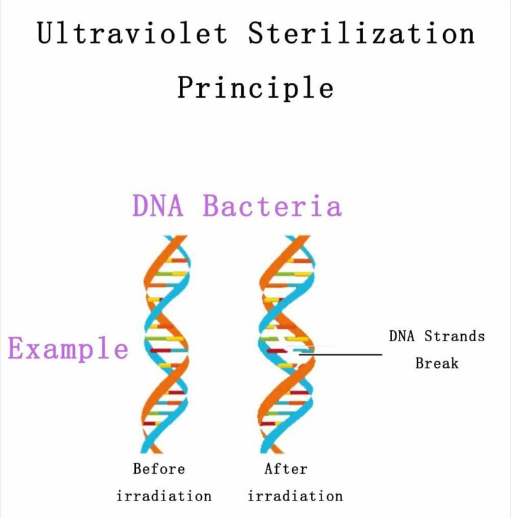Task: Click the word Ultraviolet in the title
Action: coord(132,32)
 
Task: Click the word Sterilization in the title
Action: coord(361,32)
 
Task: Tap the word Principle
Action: coord(255,87)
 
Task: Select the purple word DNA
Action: coord(157,205)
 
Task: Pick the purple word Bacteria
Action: coord(272,205)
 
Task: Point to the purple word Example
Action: coord(68,348)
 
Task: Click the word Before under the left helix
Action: coord(158,469)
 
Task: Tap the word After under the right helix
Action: coord(285,469)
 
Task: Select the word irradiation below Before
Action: coord(164,496)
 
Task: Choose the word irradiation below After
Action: coord(295,496)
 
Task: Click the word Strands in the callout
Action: coord(454,336)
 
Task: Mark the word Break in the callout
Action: coord(437,363)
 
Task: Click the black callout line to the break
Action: coord(340,354)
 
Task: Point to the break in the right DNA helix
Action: coord(292,350)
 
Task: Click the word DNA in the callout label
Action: coord(402,336)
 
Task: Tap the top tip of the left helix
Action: coord(175,236)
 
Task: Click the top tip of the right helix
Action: coord(298,236)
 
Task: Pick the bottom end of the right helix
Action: coord(271,453)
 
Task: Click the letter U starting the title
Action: coord(45,32)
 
